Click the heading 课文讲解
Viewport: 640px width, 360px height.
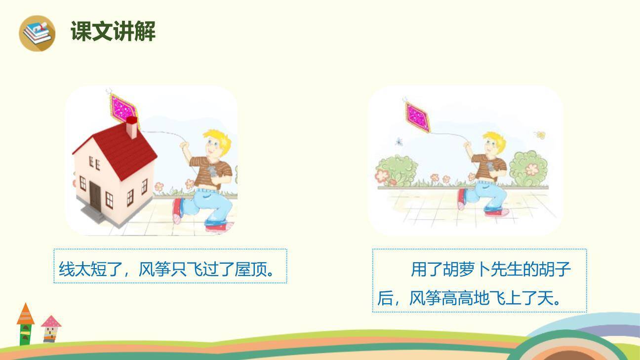(x=113, y=32)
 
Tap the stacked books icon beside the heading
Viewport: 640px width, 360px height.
(x=37, y=33)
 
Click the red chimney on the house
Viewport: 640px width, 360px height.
(x=132, y=127)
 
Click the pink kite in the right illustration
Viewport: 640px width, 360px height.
(x=418, y=117)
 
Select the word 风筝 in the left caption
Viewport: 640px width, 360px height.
(x=155, y=270)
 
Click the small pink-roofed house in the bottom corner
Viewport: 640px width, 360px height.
(x=50, y=328)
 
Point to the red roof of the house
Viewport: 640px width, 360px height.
(x=119, y=146)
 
